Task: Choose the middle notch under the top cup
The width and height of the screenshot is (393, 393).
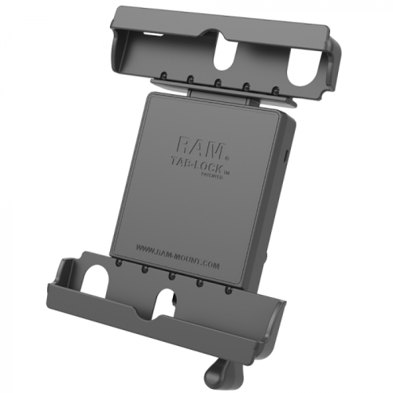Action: (216, 83)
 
